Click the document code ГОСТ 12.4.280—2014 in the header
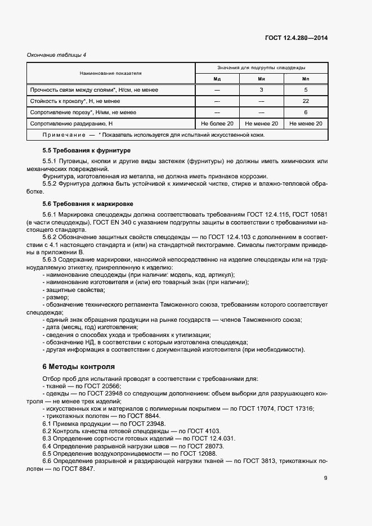(296, 38)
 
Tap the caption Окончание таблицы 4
(56, 55)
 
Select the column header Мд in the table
(217, 79)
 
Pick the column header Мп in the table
(306, 79)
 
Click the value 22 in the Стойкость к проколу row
(306, 101)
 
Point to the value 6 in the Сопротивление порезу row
(306, 113)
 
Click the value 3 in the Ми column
(261, 90)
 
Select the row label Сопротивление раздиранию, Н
(71, 124)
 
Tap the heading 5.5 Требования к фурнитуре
(87, 151)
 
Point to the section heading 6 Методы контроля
(78, 366)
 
